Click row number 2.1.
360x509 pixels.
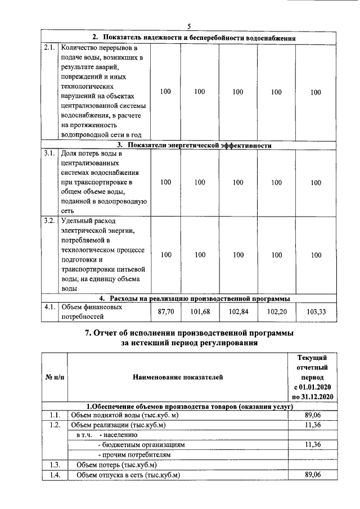pyautogui.click(x=49, y=48)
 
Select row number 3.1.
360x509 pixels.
pyautogui.click(x=49, y=153)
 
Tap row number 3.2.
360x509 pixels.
pyautogui.click(x=49, y=220)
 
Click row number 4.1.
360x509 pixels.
pyautogui.click(x=49, y=308)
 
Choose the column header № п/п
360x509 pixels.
pyautogui.click(x=54, y=377)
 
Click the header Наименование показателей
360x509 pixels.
pyautogui.click(x=178, y=377)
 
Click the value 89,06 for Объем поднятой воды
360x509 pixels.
pyautogui.click(x=313, y=415)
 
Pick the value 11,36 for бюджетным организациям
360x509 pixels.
pyautogui.click(x=313, y=444)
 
